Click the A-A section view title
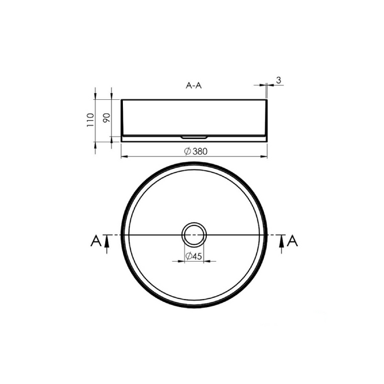point(194,86)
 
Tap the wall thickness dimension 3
point(279,80)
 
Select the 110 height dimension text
point(91,120)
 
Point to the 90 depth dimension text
point(107,118)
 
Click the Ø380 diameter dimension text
point(196,151)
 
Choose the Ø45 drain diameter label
point(194,256)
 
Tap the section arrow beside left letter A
point(106,244)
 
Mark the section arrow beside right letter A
point(281,244)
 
